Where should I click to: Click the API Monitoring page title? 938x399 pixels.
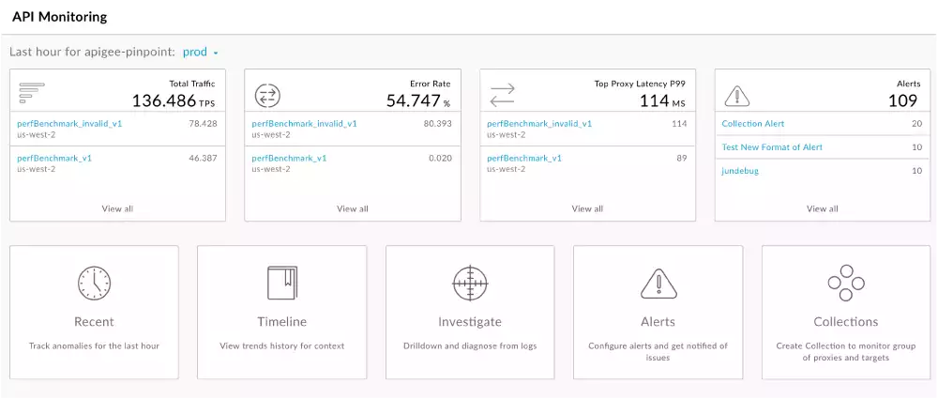pos(59,17)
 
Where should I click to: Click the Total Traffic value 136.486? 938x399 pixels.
pos(164,100)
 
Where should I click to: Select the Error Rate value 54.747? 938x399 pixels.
pos(413,100)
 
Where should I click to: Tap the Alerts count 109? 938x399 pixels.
pos(902,100)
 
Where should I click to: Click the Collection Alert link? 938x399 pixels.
pos(752,124)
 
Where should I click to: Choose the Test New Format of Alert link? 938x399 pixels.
pos(772,147)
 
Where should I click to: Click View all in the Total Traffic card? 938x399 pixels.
pos(117,208)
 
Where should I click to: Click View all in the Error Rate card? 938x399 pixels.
pos(353,208)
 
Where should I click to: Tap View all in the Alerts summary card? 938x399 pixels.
pos(823,208)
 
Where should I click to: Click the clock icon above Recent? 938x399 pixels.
pos(94,282)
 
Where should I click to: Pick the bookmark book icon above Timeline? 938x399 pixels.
pos(282,282)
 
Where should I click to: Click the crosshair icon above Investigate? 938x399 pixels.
pos(470,282)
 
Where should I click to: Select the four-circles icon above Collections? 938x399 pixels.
pos(846,282)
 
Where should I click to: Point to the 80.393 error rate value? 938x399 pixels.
pos(437,124)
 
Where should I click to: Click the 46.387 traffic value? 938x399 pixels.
pos(203,159)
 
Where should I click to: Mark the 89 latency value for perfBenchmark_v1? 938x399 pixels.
pos(680,159)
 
